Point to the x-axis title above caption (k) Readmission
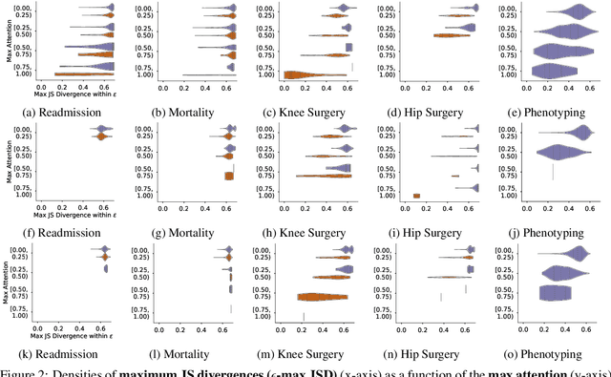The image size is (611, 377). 74,337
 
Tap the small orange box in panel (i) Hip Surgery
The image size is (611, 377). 416,196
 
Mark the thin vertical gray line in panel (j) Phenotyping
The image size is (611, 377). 553,172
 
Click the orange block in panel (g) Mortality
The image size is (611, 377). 228,176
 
